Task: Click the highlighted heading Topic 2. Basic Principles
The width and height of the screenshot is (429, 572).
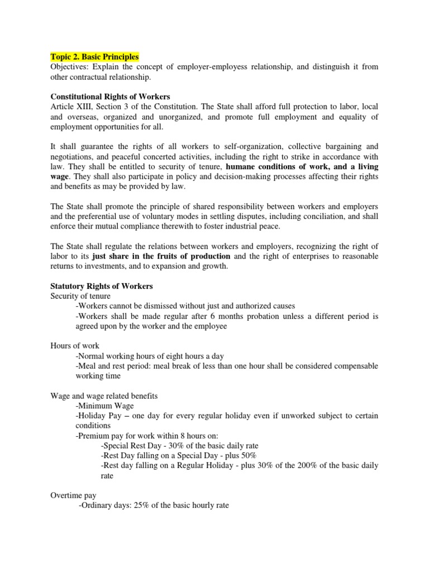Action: click(x=94, y=57)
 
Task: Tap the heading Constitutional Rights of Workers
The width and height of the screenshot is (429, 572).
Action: click(x=110, y=97)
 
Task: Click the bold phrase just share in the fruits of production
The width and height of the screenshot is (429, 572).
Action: click(x=161, y=256)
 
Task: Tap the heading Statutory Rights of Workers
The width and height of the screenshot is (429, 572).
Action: click(x=101, y=286)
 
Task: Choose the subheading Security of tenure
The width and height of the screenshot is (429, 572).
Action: click(x=80, y=296)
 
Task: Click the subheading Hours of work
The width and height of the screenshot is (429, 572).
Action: click(x=75, y=346)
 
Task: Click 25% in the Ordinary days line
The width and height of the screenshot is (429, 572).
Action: click(x=136, y=506)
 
